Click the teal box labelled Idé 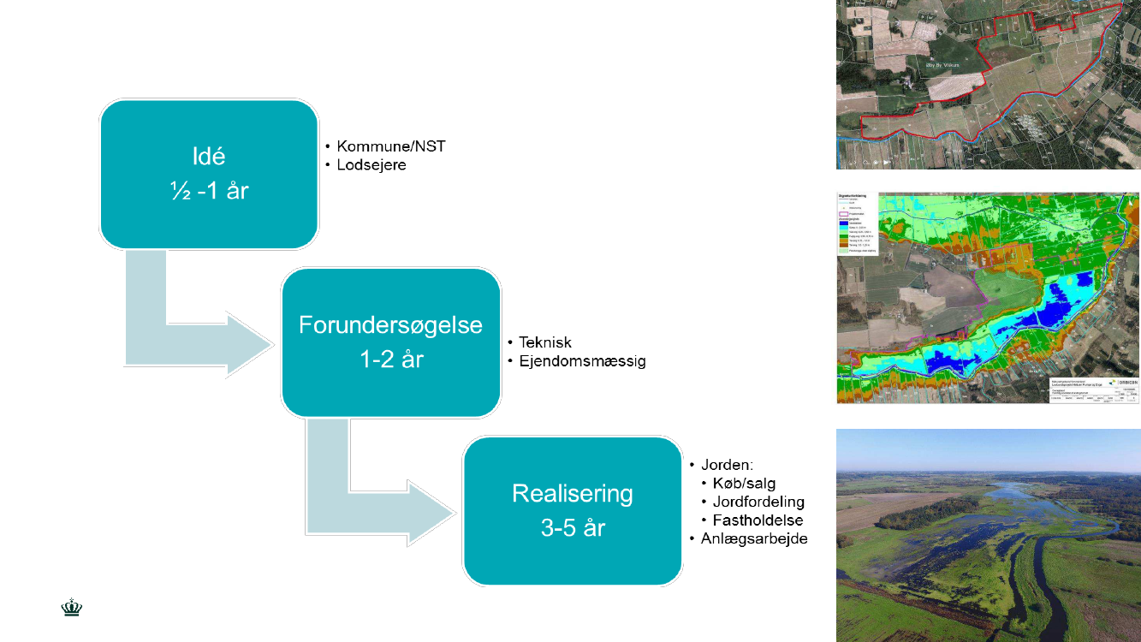point(209,174)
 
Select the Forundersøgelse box point(390,342)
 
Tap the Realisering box point(572,511)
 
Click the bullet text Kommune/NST point(391,146)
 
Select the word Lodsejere point(371,165)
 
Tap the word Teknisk point(545,342)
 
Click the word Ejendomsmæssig point(582,361)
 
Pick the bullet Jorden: point(727,465)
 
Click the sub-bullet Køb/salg point(744,484)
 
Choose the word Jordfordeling point(758,502)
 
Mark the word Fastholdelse point(758,520)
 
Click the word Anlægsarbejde point(754,538)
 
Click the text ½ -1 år point(209,190)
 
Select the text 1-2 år point(390,359)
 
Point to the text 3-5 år point(572,528)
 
